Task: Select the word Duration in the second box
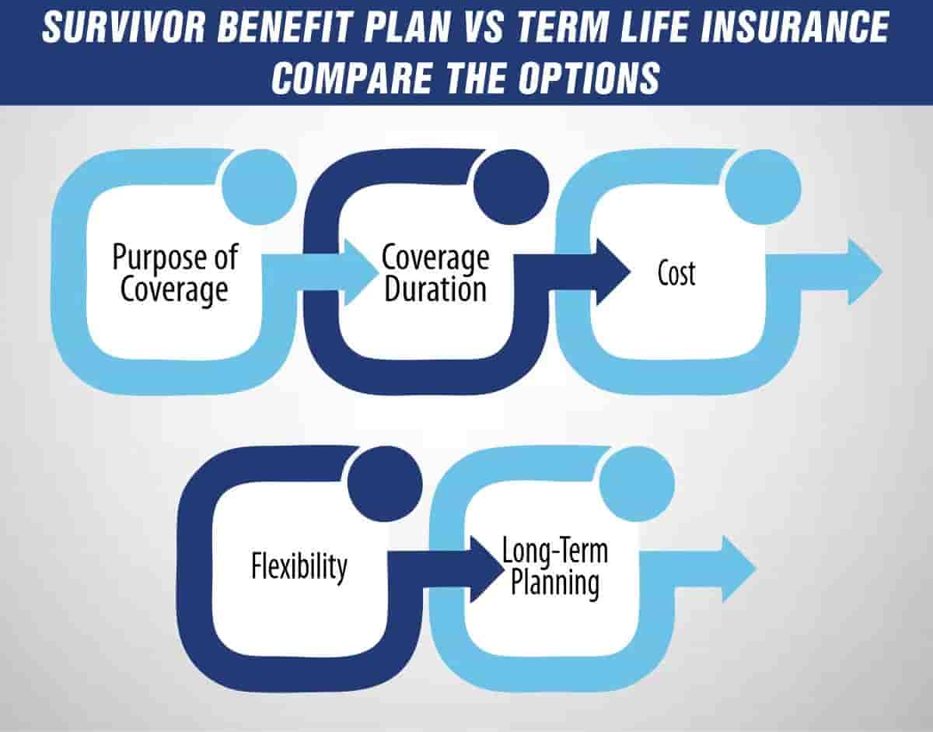435,290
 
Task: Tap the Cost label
676,274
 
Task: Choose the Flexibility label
299,566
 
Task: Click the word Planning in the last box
554,583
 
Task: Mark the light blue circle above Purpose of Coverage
259,186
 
